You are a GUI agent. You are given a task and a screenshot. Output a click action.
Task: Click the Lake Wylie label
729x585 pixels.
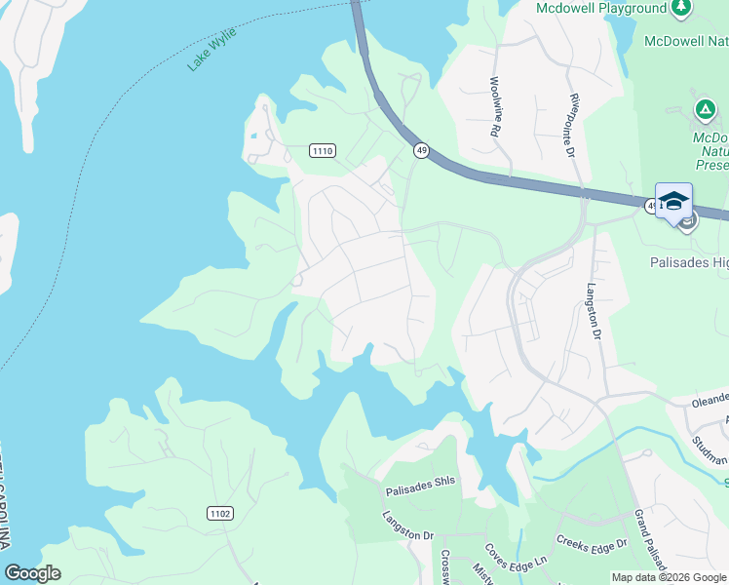click(x=212, y=49)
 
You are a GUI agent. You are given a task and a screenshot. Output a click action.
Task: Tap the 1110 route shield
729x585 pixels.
click(x=323, y=150)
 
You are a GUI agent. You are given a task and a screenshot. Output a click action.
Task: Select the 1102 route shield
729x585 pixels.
click(x=220, y=513)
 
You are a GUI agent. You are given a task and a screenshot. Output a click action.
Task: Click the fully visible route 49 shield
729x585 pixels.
click(x=421, y=150)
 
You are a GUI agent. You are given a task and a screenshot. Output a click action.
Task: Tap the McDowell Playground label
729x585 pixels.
click(x=600, y=9)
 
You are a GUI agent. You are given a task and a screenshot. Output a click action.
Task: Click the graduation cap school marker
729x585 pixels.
click(x=673, y=202)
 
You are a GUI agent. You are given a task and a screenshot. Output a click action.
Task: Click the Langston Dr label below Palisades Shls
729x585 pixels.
click(x=407, y=526)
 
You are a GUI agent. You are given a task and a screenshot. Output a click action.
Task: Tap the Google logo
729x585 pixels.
click(x=32, y=573)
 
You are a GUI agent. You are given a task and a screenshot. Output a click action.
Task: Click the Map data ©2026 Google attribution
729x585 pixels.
click(x=670, y=577)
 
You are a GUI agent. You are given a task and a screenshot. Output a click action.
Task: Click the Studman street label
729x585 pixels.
click(x=710, y=450)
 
